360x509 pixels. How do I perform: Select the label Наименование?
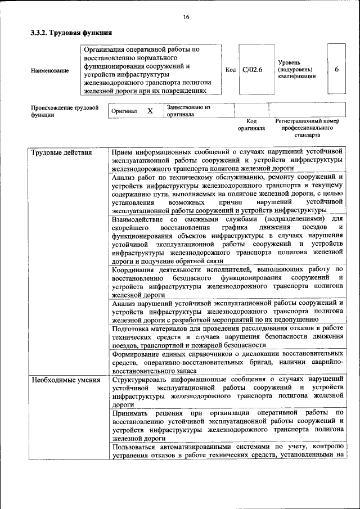pyautogui.click(x=50, y=70)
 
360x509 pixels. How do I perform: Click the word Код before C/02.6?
pyautogui.click(x=230, y=70)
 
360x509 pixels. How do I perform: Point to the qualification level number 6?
pyautogui.click(x=336, y=70)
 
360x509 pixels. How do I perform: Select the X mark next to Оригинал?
pyautogui.click(x=150, y=111)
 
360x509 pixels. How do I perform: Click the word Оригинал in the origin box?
pyautogui.click(x=124, y=111)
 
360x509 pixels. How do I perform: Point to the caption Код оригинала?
pyautogui.click(x=251, y=124)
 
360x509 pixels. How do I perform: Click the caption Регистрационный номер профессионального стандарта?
pyautogui.click(x=307, y=128)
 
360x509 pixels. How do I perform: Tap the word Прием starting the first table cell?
pyautogui.click(x=123, y=152)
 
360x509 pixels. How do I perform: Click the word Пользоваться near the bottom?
pyautogui.click(x=137, y=446)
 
